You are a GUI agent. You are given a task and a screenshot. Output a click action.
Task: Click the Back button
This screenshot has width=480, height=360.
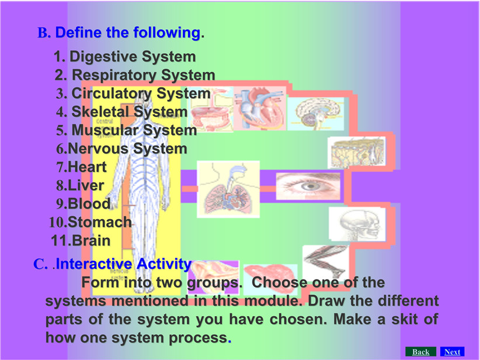[x=420, y=352]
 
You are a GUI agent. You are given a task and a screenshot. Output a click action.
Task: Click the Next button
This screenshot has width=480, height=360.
[x=452, y=352]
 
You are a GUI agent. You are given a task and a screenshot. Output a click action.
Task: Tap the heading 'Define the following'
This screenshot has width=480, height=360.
[x=128, y=33]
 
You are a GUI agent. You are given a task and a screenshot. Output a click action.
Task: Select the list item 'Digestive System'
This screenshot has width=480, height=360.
[x=133, y=57]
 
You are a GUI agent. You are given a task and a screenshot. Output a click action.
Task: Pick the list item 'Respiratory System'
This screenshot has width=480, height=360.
[x=143, y=75]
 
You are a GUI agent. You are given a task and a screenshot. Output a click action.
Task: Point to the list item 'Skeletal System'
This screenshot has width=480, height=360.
[x=129, y=112]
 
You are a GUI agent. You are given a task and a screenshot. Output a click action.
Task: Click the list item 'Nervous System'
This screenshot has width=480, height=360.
[x=127, y=148]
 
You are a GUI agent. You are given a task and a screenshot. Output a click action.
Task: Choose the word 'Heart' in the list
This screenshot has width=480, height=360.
[x=87, y=167]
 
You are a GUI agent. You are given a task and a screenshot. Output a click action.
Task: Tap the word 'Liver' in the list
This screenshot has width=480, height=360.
[x=86, y=185]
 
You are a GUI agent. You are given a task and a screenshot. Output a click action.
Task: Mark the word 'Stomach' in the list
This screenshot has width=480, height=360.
[x=99, y=222]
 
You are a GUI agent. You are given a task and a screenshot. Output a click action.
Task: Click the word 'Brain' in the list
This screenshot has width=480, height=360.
[x=91, y=241]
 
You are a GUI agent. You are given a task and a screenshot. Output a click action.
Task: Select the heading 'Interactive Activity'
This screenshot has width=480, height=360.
[x=123, y=264]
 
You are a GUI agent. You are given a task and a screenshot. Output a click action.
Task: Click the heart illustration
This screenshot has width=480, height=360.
[x=260, y=109]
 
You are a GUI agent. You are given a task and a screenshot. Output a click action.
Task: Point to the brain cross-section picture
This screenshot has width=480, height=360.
[x=316, y=114]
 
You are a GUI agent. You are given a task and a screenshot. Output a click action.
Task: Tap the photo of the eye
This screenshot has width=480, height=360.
[x=308, y=186]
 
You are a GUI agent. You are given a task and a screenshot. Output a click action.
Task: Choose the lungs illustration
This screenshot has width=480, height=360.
[x=228, y=189]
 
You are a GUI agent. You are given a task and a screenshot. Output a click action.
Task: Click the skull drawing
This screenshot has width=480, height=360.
[x=357, y=224]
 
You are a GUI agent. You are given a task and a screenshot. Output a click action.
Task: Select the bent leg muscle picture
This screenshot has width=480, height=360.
[x=326, y=262]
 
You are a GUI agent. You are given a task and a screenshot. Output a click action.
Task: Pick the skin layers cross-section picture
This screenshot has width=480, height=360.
[x=357, y=153]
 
